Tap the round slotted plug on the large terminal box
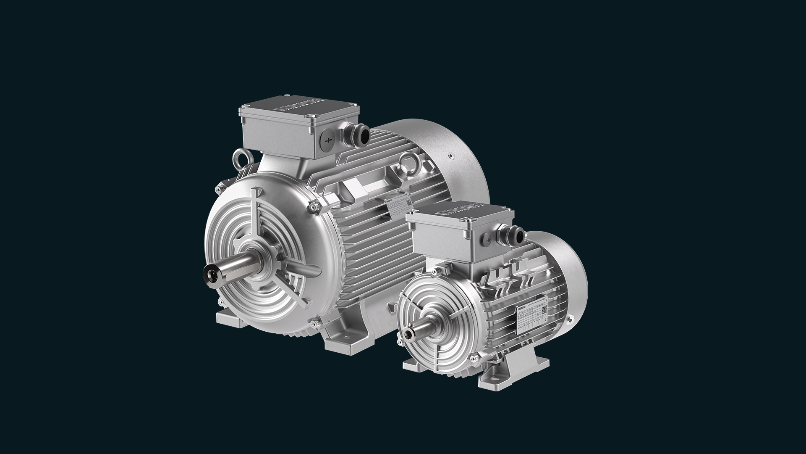pos(329,138)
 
